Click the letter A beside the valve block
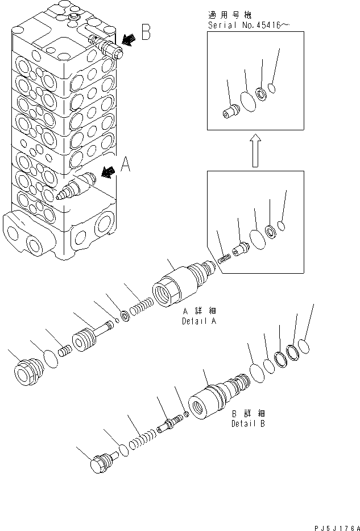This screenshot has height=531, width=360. [126, 166]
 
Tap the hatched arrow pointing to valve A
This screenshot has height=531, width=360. [108, 171]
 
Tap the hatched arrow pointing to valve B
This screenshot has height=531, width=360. [129, 39]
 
